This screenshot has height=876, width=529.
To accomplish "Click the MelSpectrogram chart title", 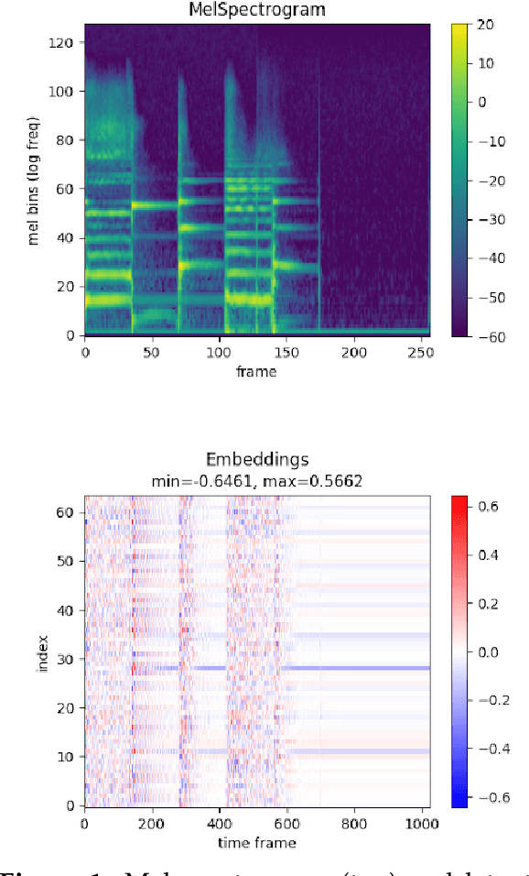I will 257,10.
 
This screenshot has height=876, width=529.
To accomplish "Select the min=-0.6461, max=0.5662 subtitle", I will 257,480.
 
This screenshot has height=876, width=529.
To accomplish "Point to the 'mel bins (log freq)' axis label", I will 36,181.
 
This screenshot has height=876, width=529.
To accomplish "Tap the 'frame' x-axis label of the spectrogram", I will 257,371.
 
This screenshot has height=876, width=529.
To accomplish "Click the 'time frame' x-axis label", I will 257,842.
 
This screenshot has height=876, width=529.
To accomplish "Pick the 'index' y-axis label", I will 42,652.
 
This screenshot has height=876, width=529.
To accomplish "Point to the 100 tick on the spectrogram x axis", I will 220,352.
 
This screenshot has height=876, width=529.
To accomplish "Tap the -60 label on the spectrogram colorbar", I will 488,336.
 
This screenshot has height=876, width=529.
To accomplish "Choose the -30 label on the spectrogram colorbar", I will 488,219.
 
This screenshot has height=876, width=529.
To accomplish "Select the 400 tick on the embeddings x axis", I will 219,823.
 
